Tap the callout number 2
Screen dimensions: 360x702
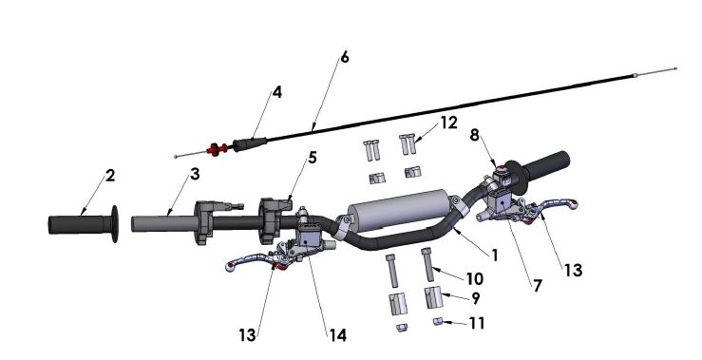pyautogui.click(x=110, y=176)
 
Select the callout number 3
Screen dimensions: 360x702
pyautogui.click(x=194, y=176)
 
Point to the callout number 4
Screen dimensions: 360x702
pyautogui.click(x=277, y=93)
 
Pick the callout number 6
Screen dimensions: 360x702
pyautogui.click(x=344, y=57)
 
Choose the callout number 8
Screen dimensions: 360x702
pyautogui.click(x=473, y=135)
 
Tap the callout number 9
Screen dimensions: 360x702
pyautogui.click(x=476, y=297)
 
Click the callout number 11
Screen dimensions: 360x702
pyautogui.click(x=478, y=324)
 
